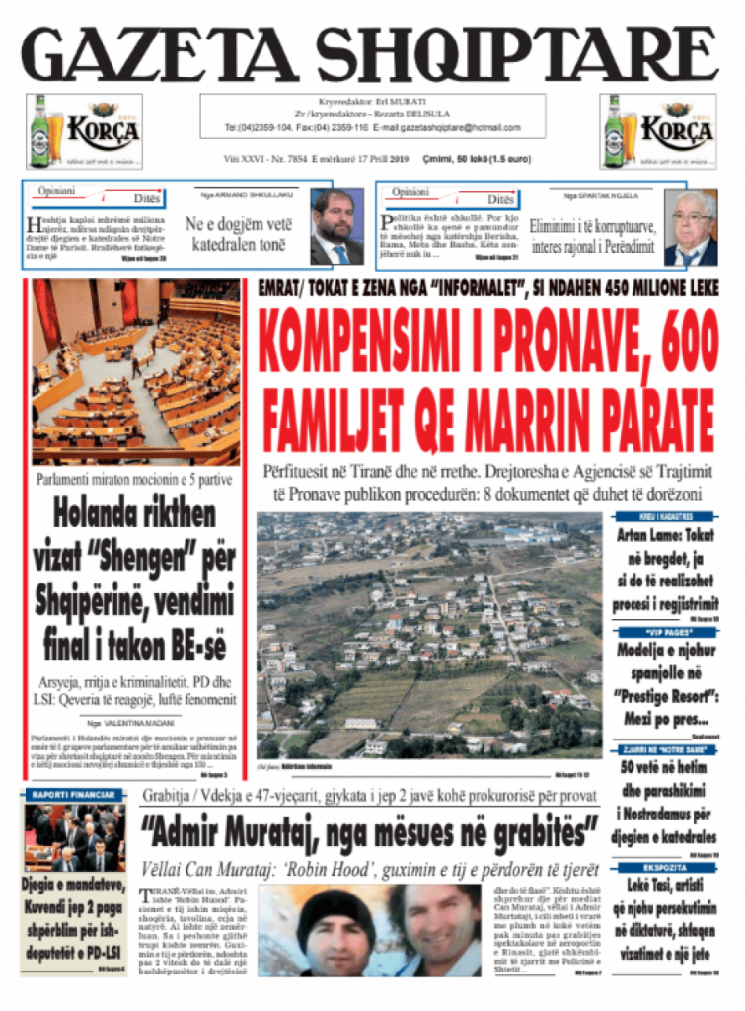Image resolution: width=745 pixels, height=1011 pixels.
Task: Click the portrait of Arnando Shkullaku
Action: click(336, 226)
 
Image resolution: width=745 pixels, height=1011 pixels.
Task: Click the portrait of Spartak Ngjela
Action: click(690, 227)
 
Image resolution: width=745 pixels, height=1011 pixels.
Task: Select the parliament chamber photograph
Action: click(135, 372)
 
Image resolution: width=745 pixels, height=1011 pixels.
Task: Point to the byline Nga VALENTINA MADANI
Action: click(134, 724)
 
